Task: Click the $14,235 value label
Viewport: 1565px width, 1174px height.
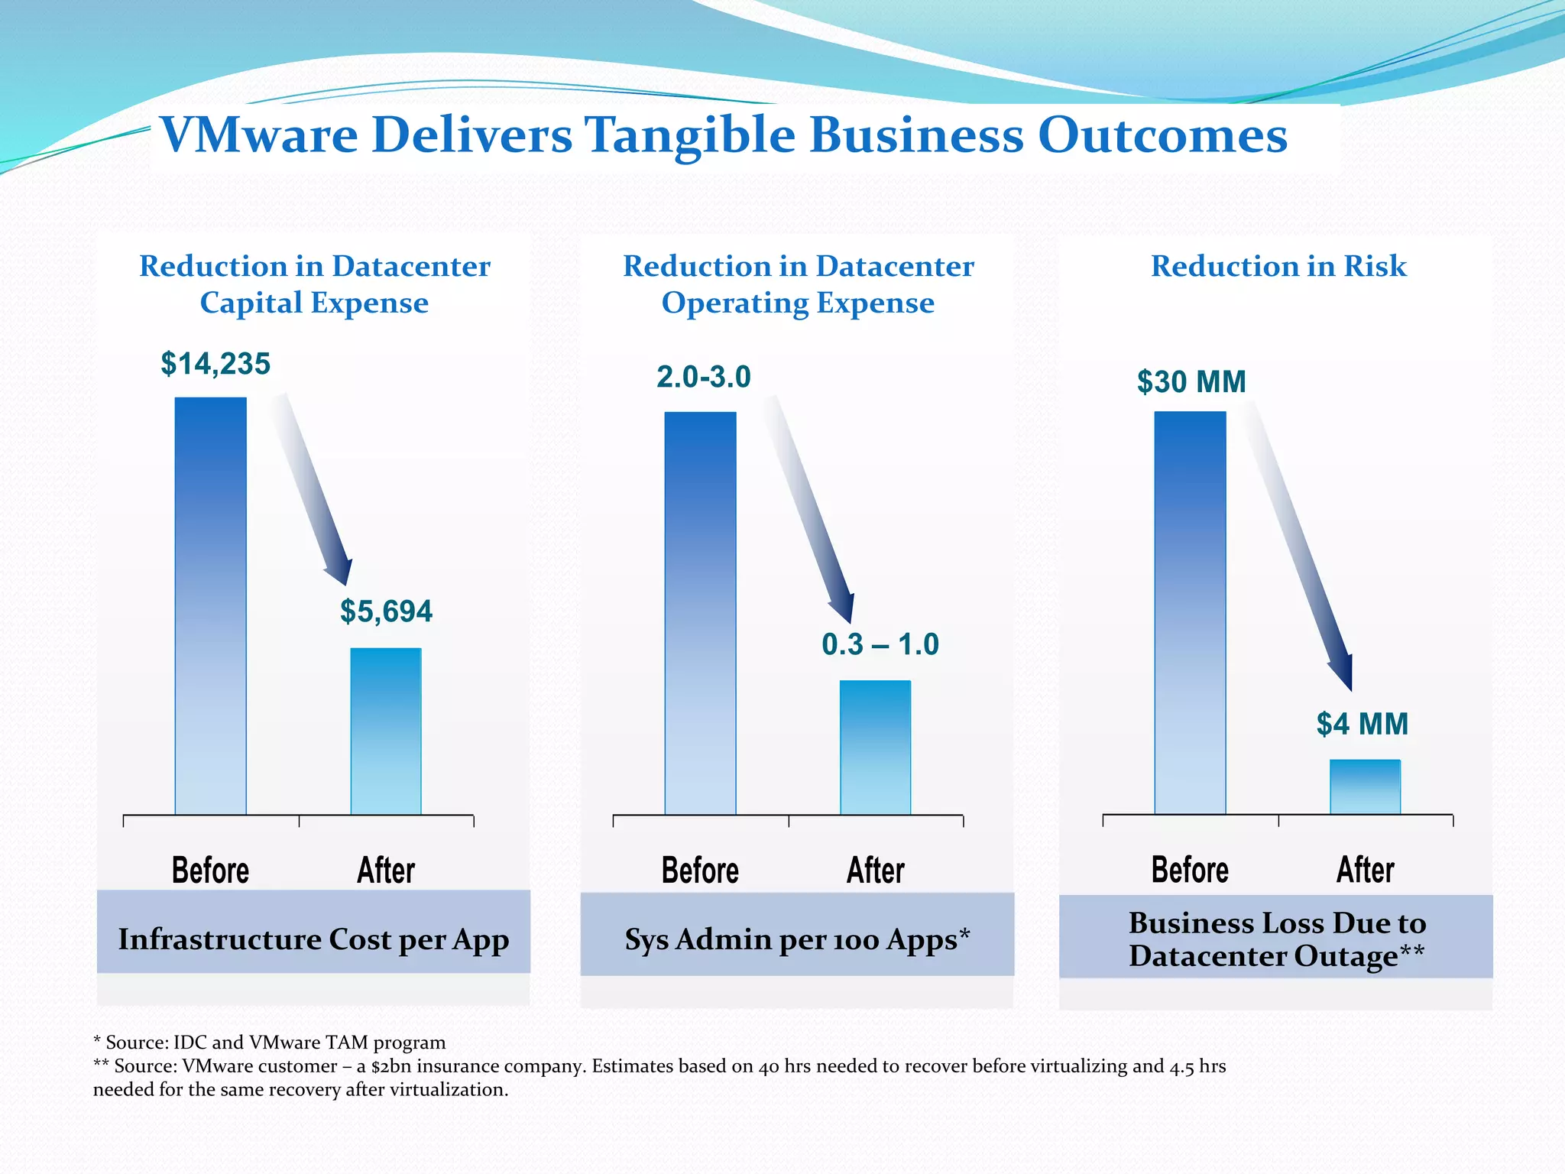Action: click(x=215, y=364)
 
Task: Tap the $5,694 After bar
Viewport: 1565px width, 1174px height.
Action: click(x=386, y=731)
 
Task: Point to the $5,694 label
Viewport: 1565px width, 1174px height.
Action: click(x=386, y=611)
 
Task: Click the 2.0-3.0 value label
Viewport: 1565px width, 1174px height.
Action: click(x=704, y=377)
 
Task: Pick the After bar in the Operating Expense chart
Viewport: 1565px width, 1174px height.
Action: click(x=876, y=747)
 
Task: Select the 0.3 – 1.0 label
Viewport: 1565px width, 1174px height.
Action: click(x=880, y=644)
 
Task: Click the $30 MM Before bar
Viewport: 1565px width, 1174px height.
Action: click(x=1190, y=612)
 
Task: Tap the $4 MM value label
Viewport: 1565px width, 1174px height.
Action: click(x=1362, y=724)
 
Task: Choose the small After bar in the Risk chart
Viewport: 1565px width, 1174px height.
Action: click(x=1365, y=786)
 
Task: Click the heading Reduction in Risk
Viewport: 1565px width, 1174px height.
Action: click(x=1278, y=266)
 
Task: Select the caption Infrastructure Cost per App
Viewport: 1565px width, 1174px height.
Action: click(x=313, y=939)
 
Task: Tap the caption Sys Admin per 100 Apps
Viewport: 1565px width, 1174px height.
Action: click(x=797, y=939)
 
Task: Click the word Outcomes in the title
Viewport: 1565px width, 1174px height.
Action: click(x=1162, y=135)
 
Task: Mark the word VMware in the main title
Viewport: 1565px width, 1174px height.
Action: click(x=260, y=135)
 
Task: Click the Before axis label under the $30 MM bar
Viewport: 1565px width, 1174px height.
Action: click(x=1190, y=870)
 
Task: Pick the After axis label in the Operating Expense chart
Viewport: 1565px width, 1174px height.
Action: click(x=876, y=871)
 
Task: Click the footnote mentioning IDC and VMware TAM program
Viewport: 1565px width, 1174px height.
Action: click(x=269, y=1043)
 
